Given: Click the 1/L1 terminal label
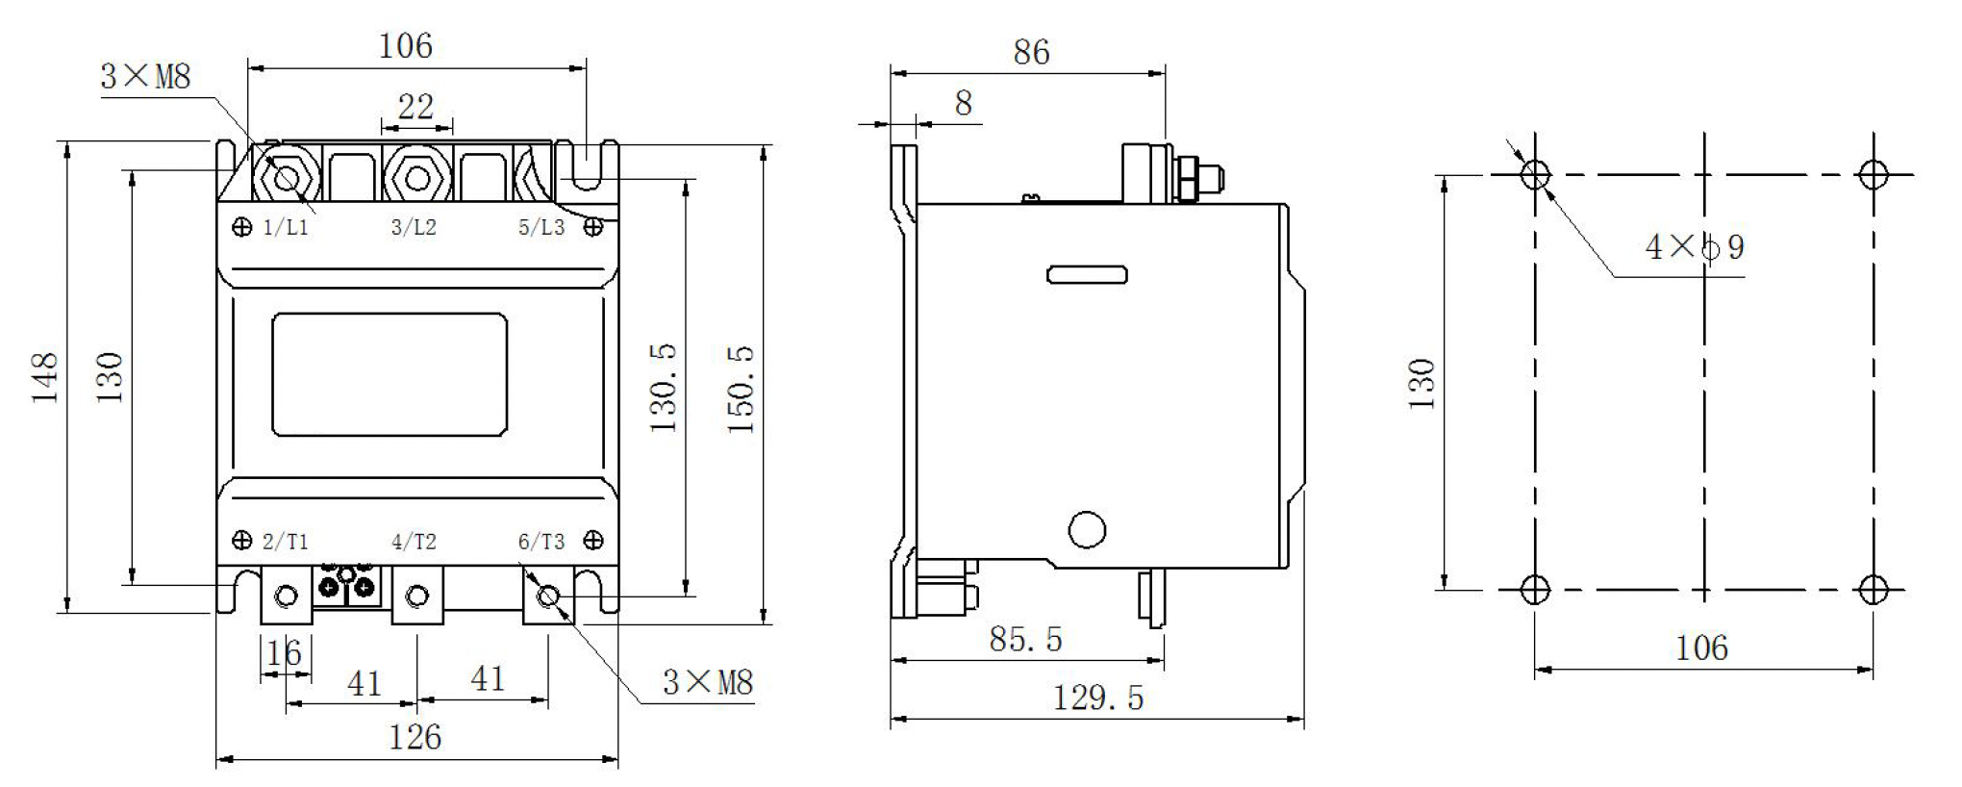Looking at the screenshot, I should click(286, 228).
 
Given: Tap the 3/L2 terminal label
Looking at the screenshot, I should click(414, 228).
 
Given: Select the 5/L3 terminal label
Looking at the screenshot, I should click(541, 228).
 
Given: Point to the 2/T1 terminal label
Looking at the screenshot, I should click(286, 542).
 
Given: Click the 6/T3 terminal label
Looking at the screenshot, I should click(541, 542).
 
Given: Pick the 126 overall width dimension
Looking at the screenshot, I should click(415, 738).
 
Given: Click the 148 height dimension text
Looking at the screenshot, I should click(45, 377).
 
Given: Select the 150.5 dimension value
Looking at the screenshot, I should click(741, 389).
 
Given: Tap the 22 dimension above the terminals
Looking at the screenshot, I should click(415, 106).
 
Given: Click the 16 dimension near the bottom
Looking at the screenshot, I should click(284, 654).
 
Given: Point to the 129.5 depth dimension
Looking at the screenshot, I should click(1098, 698).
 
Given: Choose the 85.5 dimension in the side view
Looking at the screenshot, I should click(1025, 640).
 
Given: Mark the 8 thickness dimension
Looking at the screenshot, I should click(963, 103).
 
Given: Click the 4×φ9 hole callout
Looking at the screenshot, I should click(1695, 248).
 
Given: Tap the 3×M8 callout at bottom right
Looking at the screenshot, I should click(707, 683).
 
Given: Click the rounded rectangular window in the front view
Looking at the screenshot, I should click(390, 374).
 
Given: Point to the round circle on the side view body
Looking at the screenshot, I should click(1087, 529).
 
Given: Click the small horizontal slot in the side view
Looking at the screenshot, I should click(1087, 275).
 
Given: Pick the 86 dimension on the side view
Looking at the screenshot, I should click(1031, 52).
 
